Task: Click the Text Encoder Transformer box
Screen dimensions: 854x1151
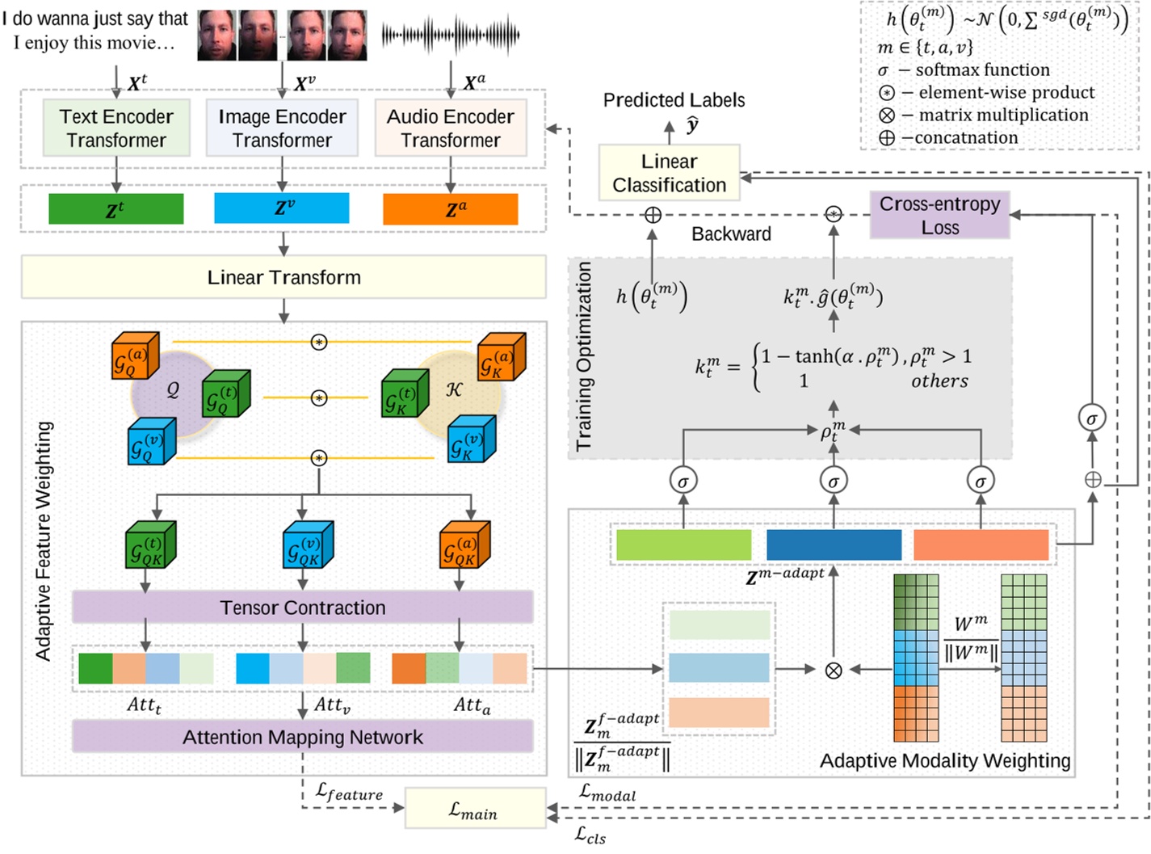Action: click(x=116, y=128)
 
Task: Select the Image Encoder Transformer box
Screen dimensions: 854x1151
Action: click(x=282, y=128)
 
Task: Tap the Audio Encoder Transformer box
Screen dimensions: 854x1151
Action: click(x=450, y=128)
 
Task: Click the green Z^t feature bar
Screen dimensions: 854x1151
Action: click(x=116, y=209)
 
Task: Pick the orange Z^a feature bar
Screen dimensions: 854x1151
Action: click(x=450, y=209)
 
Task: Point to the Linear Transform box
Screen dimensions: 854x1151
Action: click(x=284, y=277)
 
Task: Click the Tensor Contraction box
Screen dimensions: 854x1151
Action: click(x=302, y=607)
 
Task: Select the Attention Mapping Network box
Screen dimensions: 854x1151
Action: click(x=302, y=737)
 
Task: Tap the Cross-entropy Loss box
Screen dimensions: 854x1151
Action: click(x=939, y=215)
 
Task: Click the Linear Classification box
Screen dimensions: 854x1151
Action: click(x=669, y=173)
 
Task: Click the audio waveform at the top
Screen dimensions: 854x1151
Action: click(x=450, y=35)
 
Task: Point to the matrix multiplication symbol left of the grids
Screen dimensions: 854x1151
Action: click(x=834, y=670)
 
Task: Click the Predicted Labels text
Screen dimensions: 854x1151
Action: click(x=674, y=100)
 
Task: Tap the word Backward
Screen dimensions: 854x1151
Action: click(x=731, y=234)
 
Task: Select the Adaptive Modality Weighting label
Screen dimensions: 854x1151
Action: click(x=944, y=760)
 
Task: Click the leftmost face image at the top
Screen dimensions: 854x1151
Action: click(x=217, y=36)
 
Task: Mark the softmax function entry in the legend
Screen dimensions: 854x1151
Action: click(x=964, y=70)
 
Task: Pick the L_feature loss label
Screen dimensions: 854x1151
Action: click(x=349, y=793)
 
